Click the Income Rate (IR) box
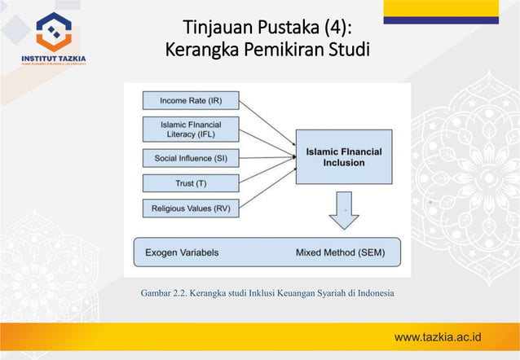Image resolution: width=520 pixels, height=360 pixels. point(191,101)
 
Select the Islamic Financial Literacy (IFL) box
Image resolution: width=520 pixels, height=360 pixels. point(191,129)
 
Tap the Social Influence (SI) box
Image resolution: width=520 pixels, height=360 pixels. point(191,156)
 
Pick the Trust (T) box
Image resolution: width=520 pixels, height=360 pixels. point(191,182)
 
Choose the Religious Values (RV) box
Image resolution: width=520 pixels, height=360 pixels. point(191,209)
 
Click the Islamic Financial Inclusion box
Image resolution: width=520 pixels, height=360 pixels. point(343,156)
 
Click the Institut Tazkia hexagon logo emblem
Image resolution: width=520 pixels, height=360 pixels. point(54,31)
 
